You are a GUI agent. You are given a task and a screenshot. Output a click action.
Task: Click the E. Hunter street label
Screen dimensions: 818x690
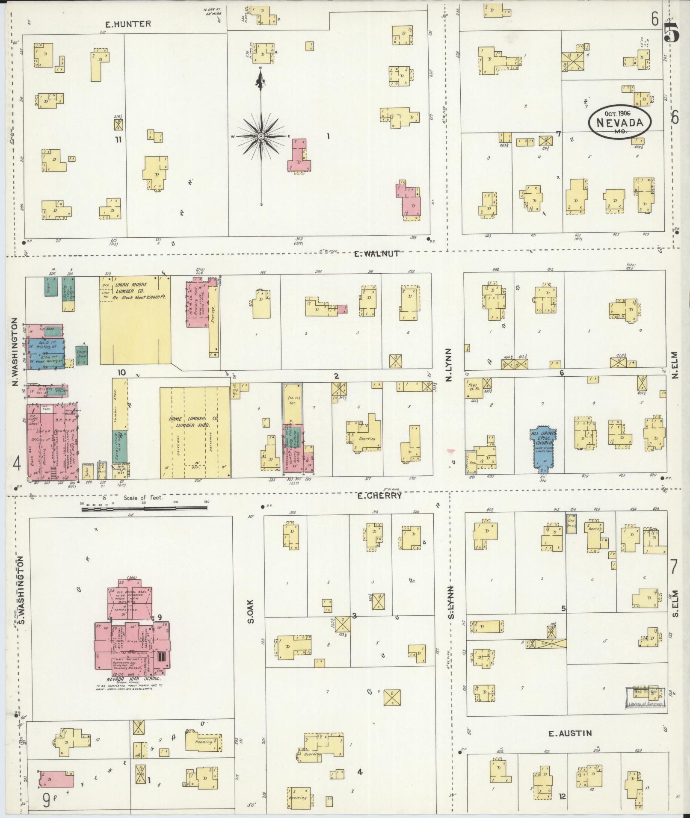pyautogui.click(x=128, y=24)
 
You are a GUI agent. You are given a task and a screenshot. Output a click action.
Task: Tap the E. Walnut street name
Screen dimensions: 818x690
pyautogui.click(x=376, y=254)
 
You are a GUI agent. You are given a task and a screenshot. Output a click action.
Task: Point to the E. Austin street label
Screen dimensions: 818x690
pyautogui.click(x=570, y=733)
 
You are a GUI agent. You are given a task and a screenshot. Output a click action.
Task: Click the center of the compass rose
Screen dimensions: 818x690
pyautogui.click(x=261, y=136)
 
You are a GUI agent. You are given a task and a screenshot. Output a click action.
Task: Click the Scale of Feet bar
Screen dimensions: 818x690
pyautogui.click(x=144, y=508)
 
